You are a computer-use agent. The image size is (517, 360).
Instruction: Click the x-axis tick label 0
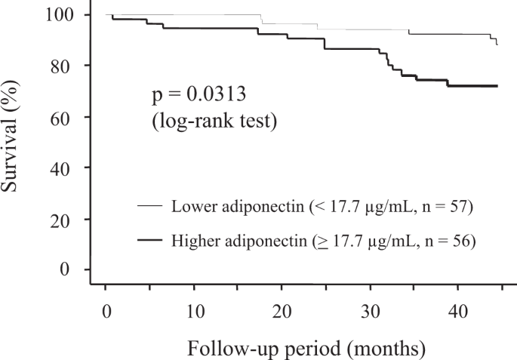[106, 311]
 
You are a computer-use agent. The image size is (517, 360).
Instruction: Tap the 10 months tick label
[194, 311]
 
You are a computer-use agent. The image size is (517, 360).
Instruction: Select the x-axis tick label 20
[282, 311]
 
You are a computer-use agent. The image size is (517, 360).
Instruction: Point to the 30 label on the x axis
[371, 311]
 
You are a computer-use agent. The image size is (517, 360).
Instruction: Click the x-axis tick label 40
[459, 311]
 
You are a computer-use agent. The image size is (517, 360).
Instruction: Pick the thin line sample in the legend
[149, 206]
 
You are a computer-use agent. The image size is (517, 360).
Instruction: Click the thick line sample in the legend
[149, 240]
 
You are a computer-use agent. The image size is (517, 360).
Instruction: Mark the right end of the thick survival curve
[497, 86]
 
